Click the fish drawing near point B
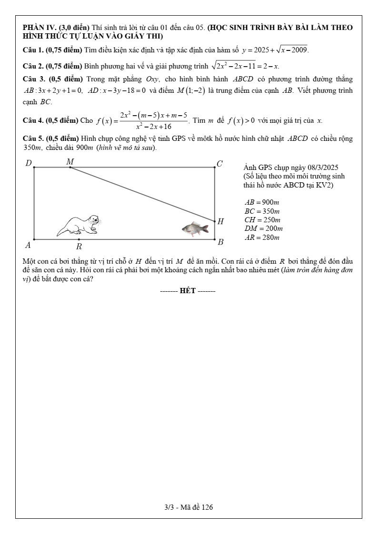click(195, 229)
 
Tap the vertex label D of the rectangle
click(29, 164)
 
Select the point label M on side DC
click(70, 162)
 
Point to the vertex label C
click(219, 164)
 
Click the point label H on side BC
click(220, 221)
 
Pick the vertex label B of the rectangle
click(220, 242)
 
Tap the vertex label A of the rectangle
click(28, 246)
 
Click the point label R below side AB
click(79, 247)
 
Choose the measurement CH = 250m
click(262, 220)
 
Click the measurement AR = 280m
click(262, 237)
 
